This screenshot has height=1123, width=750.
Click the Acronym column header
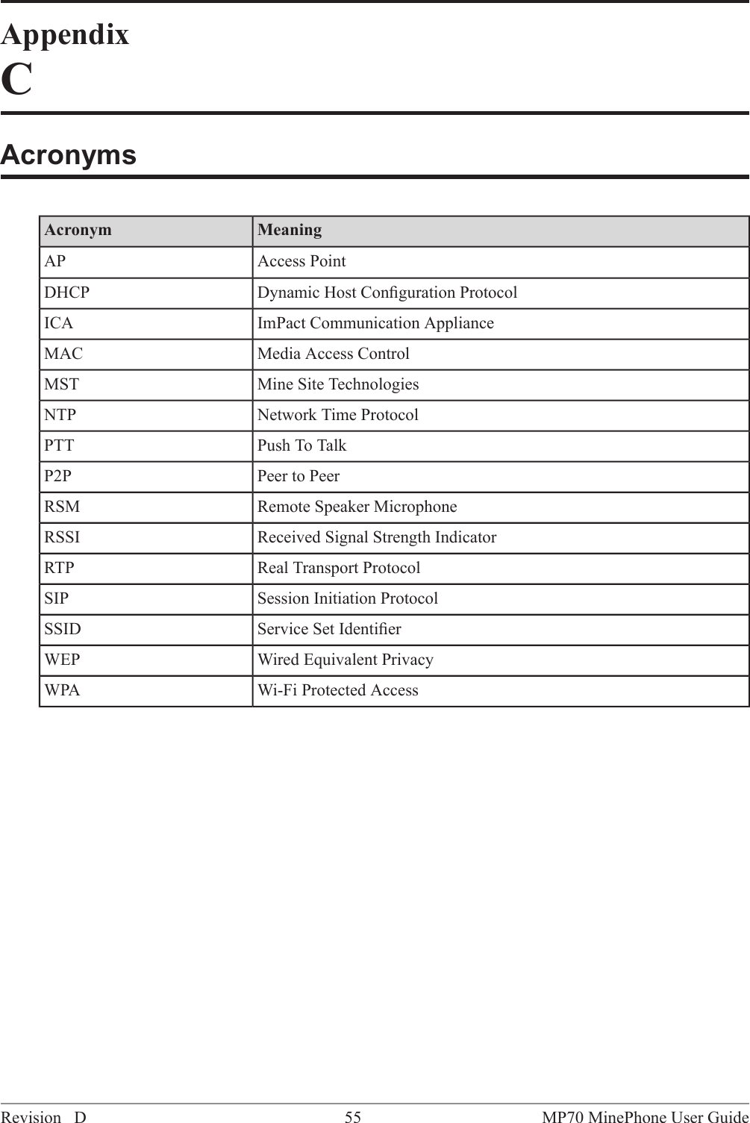[78, 230]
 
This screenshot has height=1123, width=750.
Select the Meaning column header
[290, 230]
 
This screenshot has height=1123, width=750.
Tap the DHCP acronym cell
[67, 293]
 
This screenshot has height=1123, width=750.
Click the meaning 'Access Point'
[301, 262]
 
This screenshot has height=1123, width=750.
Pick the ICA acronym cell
[59, 323]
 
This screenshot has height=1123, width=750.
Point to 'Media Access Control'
[334, 354]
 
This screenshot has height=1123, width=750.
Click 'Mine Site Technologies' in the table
[338, 384]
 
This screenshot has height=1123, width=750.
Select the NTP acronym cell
[60, 415]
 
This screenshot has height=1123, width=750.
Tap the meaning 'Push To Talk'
[302, 445]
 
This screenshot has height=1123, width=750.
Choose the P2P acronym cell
[58, 476]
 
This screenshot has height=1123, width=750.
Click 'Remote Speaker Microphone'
[357, 507]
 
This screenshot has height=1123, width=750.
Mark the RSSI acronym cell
[62, 537]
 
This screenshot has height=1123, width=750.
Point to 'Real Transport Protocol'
[339, 568]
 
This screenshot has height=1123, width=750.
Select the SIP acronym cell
[57, 598]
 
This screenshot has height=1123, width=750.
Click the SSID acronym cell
[63, 629]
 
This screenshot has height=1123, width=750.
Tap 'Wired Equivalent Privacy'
[346, 660]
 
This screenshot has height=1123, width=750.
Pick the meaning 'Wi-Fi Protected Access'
[338, 690]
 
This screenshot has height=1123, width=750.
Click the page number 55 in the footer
[353, 1117]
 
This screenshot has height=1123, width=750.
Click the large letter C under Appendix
[16, 80]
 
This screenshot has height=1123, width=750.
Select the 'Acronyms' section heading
[69, 154]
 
